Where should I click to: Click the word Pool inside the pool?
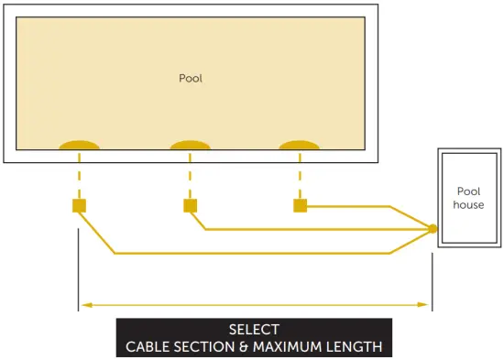click(x=191, y=79)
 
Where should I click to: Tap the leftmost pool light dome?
click(x=80, y=147)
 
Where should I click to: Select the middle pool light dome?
click(x=190, y=147)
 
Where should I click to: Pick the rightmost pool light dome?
click(x=300, y=147)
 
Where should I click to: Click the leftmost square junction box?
click(x=79, y=205)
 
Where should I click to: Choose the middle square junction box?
click(x=190, y=205)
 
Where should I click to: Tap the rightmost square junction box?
click(x=300, y=205)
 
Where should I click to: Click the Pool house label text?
click(x=468, y=198)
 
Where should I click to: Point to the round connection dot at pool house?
click(x=433, y=229)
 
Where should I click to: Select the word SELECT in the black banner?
click(x=254, y=330)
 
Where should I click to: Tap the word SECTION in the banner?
click(x=198, y=346)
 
